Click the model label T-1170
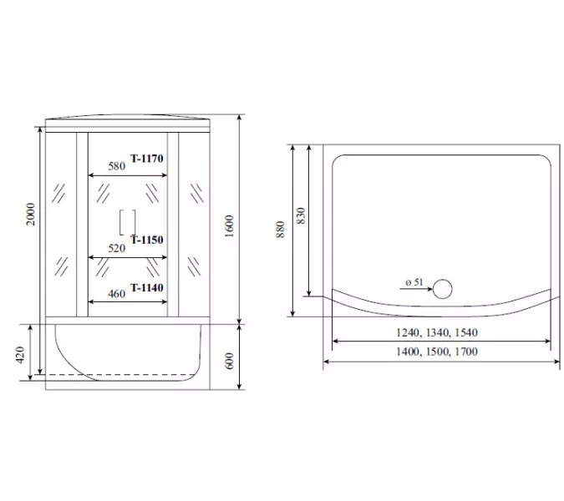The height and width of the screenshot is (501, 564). coord(147,159)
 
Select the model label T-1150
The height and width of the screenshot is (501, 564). coord(147,240)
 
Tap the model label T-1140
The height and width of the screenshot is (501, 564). coord(147,288)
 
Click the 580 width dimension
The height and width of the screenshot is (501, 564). coord(117,166)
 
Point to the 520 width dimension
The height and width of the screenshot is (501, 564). coord(117,248)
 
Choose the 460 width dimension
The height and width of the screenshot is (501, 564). coord(116,294)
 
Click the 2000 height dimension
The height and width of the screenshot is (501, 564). coord(31,215)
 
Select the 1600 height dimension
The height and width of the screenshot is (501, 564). coord(229,226)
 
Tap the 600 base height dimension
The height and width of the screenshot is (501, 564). coord(229,361)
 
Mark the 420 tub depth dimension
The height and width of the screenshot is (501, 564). coord(20,355)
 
